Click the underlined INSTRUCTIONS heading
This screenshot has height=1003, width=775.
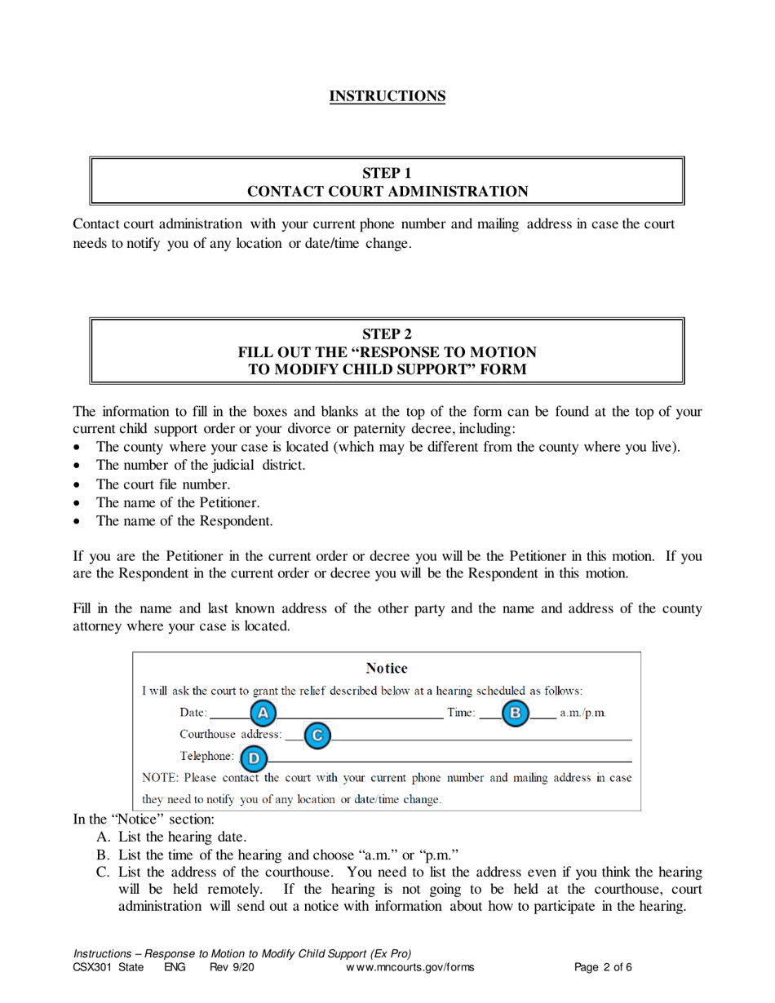tap(387, 96)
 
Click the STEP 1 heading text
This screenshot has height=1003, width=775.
tap(387, 172)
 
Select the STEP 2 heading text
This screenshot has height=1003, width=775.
tap(387, 333)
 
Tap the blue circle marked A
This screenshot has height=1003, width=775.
tap(263, 714)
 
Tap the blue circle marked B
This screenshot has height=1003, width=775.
tap(516, 714)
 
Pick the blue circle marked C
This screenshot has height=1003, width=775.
tap(317, 736)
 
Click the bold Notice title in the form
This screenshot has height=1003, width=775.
tap(387, 669)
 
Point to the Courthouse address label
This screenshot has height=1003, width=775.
tap(231, 735)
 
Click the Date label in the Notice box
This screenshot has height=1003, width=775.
tap(193, 714)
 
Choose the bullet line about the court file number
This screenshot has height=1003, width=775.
tap(157, 484)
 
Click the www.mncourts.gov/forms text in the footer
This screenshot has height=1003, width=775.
tap(410, 968)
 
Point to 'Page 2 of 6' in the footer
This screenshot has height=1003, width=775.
tap(604, 968)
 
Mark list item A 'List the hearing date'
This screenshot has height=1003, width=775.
tap(182, 837)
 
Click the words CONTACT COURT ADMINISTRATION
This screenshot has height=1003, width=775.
tap(387, 192)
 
